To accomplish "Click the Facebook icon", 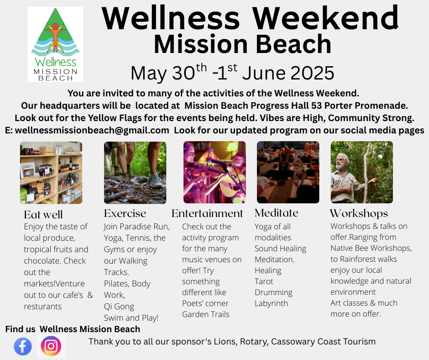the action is pyautogui.click(x=23, y=346).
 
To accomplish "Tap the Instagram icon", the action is pyautogui.click(x=51, y=346).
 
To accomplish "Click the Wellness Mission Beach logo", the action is pyautogui.click(x=55, y=44).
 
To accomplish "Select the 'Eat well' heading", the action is pyautogui.click(x=43, y=215).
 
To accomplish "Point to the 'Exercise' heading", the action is pyautogui.click(x=125, y=213).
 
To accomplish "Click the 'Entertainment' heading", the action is pyautogui.click(x=207, y=213).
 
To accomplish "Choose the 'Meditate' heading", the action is pyautogui.click(x=276, y=213).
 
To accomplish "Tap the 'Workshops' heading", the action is pyautogui.click(x=359, y=214).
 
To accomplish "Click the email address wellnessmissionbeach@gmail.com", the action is pyautogui.click(x=92, y=130).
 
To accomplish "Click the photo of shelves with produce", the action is pyautogui.click(x=51, y=173).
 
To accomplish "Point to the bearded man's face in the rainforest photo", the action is pyautogui.click(x=340, y=162).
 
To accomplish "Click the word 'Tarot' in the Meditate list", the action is pyautogui.click(x=264, y=281).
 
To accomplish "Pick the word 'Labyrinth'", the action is pyautogui.click(x=271, y=303).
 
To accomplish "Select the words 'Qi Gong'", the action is pyautogui.click(x=119, y=307).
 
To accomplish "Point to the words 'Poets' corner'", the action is pyautogui.click(x=205, y=303).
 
